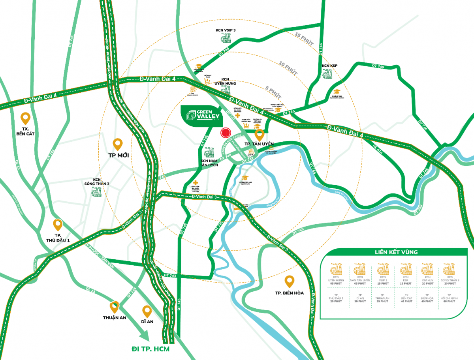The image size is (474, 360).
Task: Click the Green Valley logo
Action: (x=200, y=115)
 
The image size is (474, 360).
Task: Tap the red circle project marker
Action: (x=226, y=133)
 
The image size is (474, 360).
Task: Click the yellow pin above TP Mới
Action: (x=117, y=144)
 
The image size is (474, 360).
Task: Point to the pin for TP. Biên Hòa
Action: (x=290, y=281)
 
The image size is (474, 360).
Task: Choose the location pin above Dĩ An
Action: (x=147, y=311)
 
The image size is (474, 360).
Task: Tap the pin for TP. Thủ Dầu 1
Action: (x=58, y=225)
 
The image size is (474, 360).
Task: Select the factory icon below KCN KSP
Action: (x=327, y=74)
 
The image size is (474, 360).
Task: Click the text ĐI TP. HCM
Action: (x=153, y=349)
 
